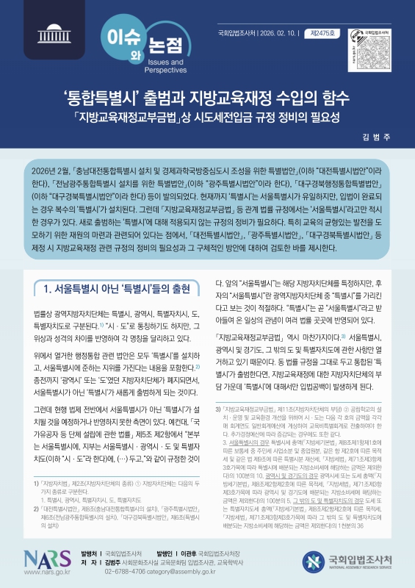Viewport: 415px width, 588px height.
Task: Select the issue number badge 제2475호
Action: (x=318, y=33)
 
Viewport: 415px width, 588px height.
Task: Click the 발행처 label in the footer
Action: (x=90, y=553)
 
